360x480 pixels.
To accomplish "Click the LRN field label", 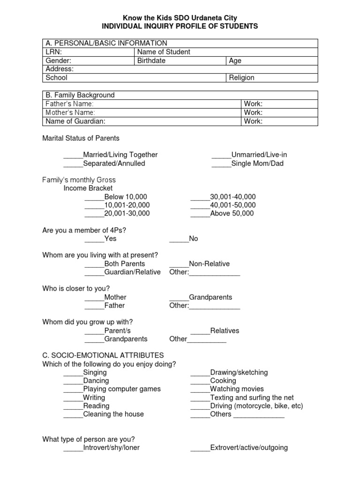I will point(54,52).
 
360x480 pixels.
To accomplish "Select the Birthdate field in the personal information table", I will point(151,60).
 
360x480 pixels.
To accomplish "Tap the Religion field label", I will point(241,78).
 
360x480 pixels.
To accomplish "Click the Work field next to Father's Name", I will point(253,104).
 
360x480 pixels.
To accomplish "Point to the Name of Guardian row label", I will point(75,121).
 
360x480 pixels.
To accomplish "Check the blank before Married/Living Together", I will point(73,155).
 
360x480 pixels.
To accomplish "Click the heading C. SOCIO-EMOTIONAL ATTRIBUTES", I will point(103,355).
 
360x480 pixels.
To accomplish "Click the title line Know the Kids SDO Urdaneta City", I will point(180,18).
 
